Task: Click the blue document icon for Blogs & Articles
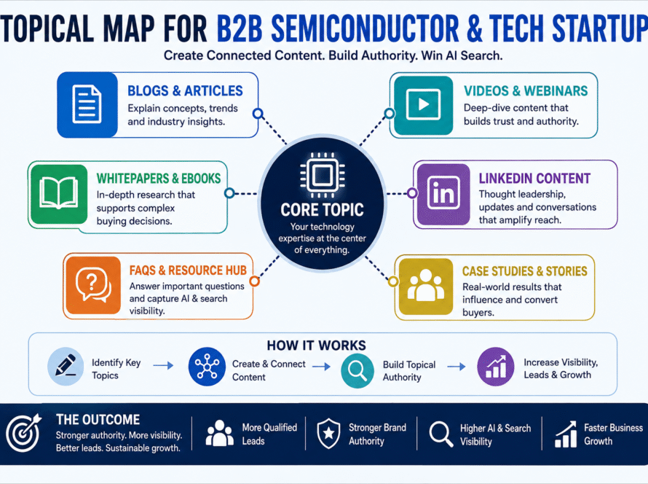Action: pyautogui.click(x=87, y=104)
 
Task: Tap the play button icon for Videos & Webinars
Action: pyautogui.click(x=423, y=104)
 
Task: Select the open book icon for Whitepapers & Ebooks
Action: pyautogui.click(x=59, y=192)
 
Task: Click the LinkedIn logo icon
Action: pyautogui.click(x=443, y=193)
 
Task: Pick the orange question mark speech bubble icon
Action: pyautogui.click(x=93, y=284)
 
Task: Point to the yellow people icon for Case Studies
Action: pyautogui.click(x=425, y=286)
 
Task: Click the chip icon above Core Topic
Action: pyautogui.click(x=323, y=175)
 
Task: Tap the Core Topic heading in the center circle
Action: pyautogui.click(x=322, y=210)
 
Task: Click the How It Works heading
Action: pyautogui.click(x=316, y=346)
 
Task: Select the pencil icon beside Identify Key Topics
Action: pyautogui.click(x=66, y=366)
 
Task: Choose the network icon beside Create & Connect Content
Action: pyautogui.click(x=207, y=366)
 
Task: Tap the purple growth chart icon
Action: pyautogui.click(x=496, y=366)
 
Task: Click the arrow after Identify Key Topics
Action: pyautogui.click(x=163, y=366)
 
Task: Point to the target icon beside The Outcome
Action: pyautogui.click(x=24, y=433)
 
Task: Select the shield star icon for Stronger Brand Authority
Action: pyautogui.click(x=328, y=433)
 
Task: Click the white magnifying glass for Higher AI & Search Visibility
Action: pyautogui.click(x=441, y=434)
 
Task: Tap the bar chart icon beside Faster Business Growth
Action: pyautogui.click(x=565, y=434)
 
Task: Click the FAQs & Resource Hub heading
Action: pyautogui.click(x=188, y=270)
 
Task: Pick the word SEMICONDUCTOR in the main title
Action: pyautogui.click(x=365, y=28)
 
